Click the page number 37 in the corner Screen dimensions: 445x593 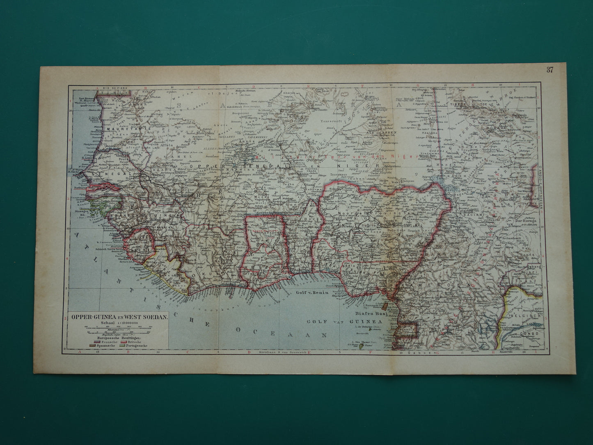point(549,70)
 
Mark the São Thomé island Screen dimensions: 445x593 point(361,347)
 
